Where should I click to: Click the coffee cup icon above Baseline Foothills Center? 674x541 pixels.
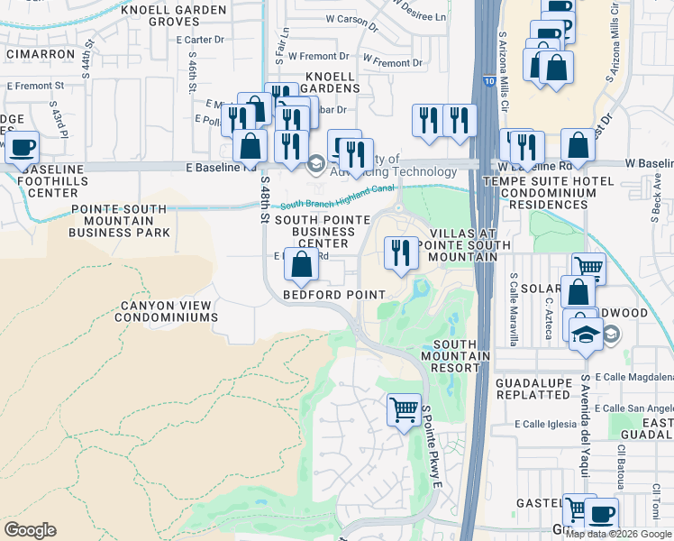pyautogui.click(x=23, y=146)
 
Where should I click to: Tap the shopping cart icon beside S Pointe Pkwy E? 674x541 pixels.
pyautogui.click(x=404, y=408)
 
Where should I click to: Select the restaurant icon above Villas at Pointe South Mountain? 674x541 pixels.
pyautogui.click(x=400, y=252)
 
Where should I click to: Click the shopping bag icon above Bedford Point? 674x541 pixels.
pyautogui.click(x=302, y=263)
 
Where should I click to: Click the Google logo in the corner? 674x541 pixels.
pyautogui.click(x=30, y=529)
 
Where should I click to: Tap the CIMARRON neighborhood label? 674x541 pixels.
pyautogui.click(x=40, y=54)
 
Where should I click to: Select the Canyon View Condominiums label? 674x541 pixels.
pyautogui.click(x=169, y=311)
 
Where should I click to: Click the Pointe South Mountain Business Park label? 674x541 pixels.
pyautogui.click(x=120, y=221)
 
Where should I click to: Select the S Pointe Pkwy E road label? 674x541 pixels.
pyautogui.click(x=432, y=447)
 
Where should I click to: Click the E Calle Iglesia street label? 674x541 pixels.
pyautogui.click(x=544, y=424)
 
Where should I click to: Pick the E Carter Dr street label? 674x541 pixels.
pyautogui.click(x=200, y=40)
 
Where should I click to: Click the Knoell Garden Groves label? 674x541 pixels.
pyautogui.click(x=175, y=15)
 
